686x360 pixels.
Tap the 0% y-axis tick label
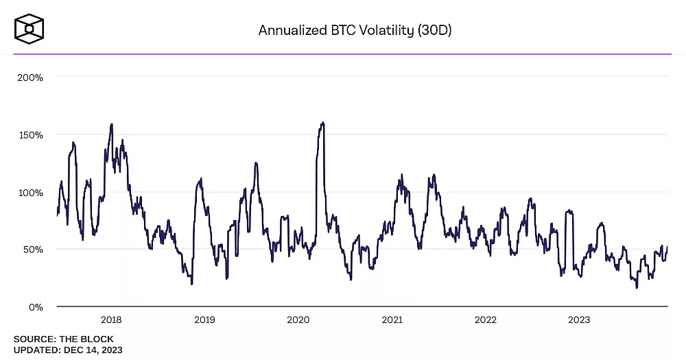click(36, 307)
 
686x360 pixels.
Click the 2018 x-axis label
click(111, 320)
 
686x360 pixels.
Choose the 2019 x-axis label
click(204, 320)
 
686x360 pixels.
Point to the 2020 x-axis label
click(298, 320)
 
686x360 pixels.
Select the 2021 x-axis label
click(392, 320)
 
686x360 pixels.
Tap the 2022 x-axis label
click(485, 320)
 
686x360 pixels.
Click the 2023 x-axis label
click(578, 320)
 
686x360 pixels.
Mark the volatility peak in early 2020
click(322, 123)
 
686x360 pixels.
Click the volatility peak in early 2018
click(111, 125)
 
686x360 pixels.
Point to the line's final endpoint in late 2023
click(667, 246)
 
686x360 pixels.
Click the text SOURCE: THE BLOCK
click(63, 339)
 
